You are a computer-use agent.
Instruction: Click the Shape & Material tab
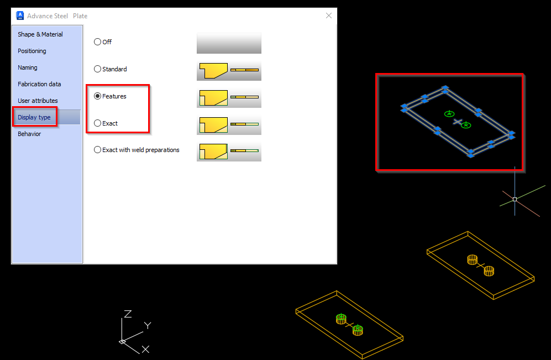40,34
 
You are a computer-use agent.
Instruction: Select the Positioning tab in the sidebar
32,51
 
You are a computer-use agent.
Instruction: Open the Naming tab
28,67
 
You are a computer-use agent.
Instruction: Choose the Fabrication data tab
39,84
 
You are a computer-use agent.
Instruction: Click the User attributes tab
38,101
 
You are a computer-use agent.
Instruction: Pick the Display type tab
34,117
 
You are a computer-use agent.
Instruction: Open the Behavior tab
29,134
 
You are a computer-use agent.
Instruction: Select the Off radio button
98,42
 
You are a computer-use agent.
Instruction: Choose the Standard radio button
98,69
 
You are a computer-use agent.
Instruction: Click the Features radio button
98,96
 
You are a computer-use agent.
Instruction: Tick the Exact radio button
98,123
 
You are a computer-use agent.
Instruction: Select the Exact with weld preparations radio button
98,150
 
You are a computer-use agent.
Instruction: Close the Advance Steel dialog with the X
329,15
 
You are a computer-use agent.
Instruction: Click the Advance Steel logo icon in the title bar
20,15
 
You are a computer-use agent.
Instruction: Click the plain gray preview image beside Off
229,43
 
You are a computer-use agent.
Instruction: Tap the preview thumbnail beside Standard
229,71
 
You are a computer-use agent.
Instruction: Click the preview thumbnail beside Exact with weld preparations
229,152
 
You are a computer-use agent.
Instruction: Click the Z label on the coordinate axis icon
128,314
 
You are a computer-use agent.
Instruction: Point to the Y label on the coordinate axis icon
148,325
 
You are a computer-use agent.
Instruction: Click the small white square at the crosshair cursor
515,199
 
